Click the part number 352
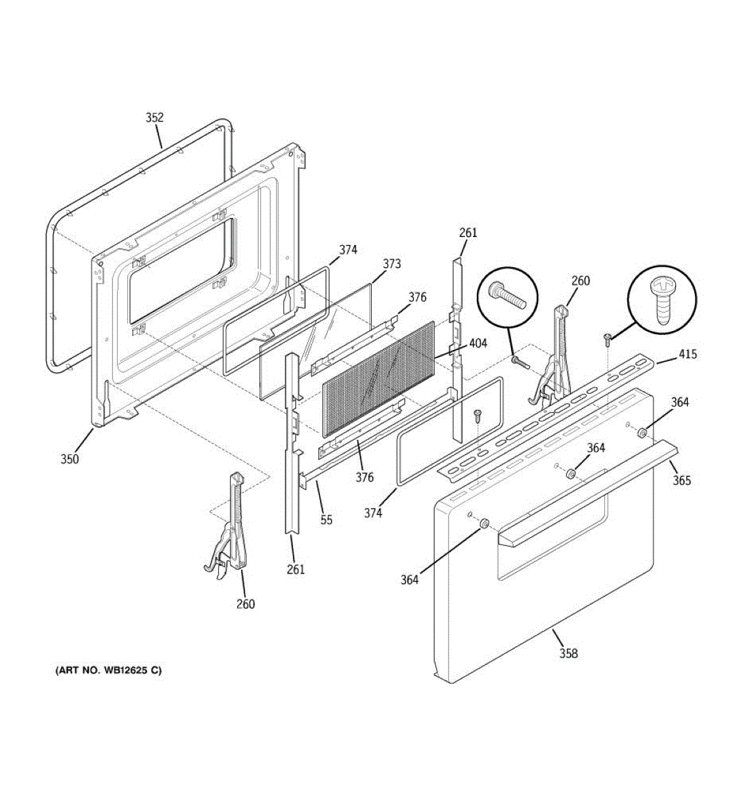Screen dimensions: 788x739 point(154,118)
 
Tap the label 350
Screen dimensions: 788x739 point(70,459)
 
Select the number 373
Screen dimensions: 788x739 point(392,264)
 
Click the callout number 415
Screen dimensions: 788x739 point(688,355)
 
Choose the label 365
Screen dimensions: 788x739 point(681,481)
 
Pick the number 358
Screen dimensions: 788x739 point(569,653)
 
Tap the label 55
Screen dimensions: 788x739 point(326,519)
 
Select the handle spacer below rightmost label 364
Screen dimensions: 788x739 point(642,433)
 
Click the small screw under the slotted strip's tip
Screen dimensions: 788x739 point(608,339)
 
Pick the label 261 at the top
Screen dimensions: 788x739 point(468,232)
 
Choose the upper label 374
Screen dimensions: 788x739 point(348,250)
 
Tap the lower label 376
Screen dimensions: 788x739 point(365,477)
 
